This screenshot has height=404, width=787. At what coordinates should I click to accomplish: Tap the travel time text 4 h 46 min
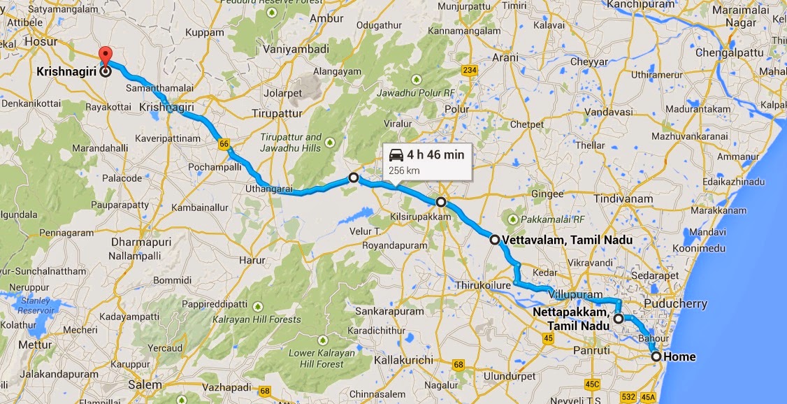[x=435, y=154]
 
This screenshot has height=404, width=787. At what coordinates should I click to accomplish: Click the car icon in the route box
[x=396, y=154]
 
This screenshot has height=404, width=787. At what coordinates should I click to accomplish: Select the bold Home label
[x=679, y=357]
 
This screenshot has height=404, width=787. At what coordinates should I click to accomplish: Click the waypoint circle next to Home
[x=656, y=356]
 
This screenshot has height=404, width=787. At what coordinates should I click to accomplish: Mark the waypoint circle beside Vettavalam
[x=495, y=240]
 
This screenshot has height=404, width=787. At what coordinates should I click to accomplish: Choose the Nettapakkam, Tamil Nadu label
[x=572, y=319]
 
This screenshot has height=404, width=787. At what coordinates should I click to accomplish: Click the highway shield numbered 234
[x=469, y=70]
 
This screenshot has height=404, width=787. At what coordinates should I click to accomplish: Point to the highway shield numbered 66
[x=223, y=143]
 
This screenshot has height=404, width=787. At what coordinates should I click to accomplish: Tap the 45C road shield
[x=593, y=384]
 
